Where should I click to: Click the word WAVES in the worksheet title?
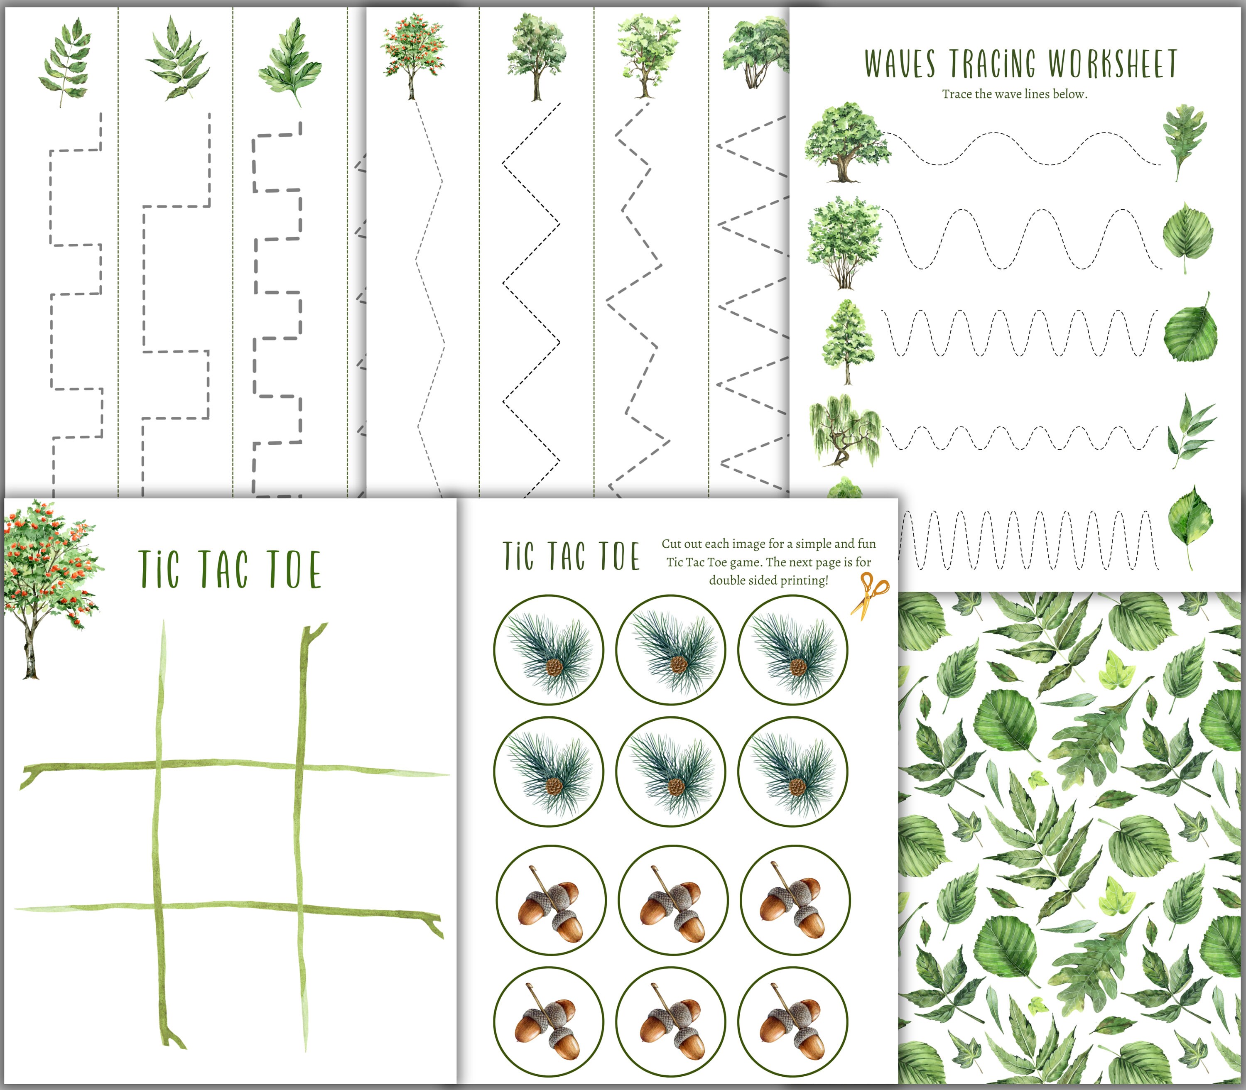[x=900, y=64]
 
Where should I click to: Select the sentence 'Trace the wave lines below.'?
[x=1014, y=94]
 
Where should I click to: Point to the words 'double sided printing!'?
[x=768, y=580]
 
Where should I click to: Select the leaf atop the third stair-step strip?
[x=290, y=61]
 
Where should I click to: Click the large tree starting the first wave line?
[x=846, y=143]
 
